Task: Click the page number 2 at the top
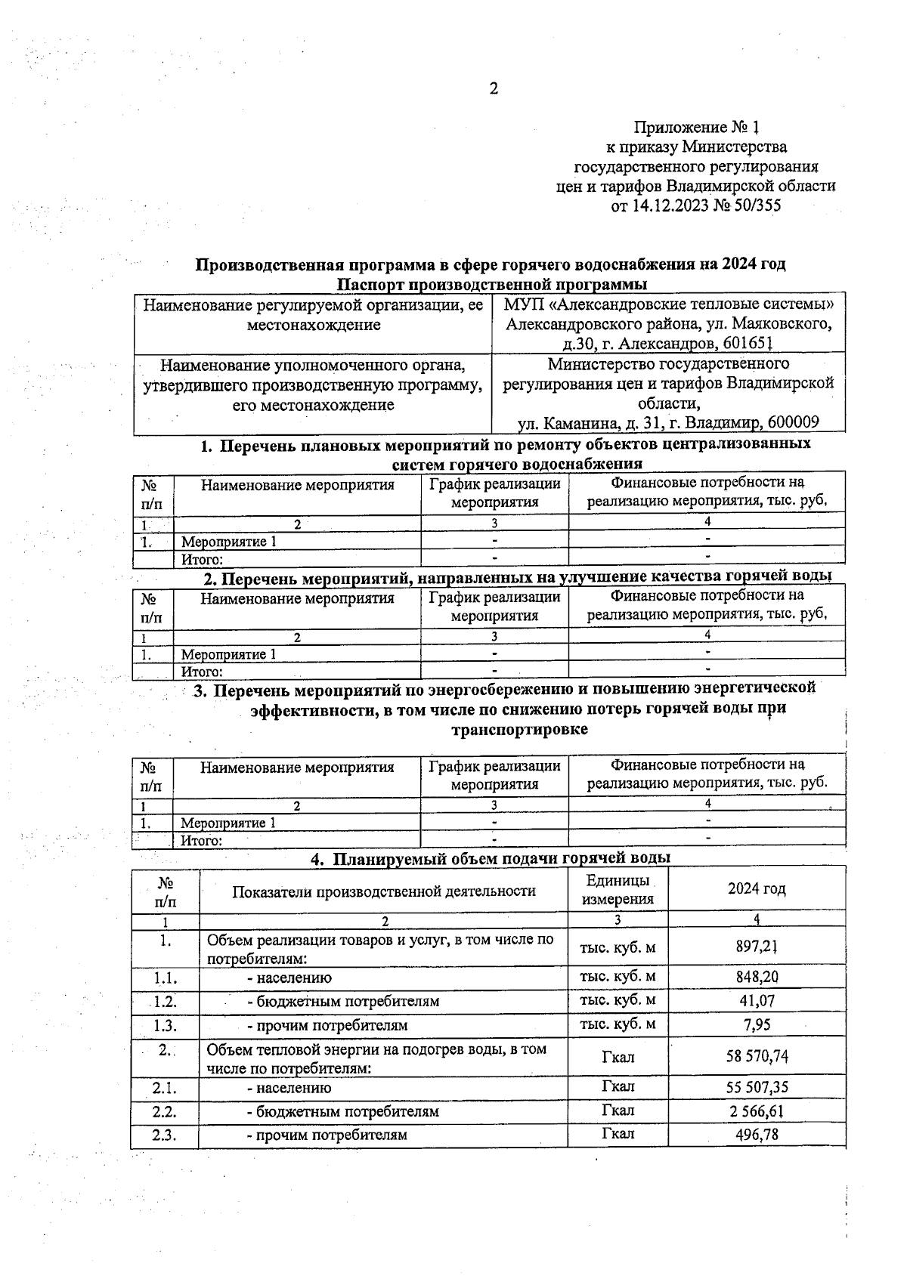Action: tap(494, 89)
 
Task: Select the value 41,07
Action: tap(757, 1001)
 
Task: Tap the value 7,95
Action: tap(757, 1025)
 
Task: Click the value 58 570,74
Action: tap(757, 1057)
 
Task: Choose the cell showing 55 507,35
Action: tap(757, 1088)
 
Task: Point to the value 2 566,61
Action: tap(757, 1111)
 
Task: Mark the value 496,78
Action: tap(757, 1135)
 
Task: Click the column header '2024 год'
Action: tap(757, 889)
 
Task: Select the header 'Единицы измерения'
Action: tap(617, 890)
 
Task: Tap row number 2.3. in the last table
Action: tap(164, 1135)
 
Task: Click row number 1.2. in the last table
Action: tap(164, 1001)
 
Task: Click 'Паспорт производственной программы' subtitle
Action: tap(491, 285)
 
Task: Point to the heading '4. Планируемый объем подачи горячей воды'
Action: tap(491, 858)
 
